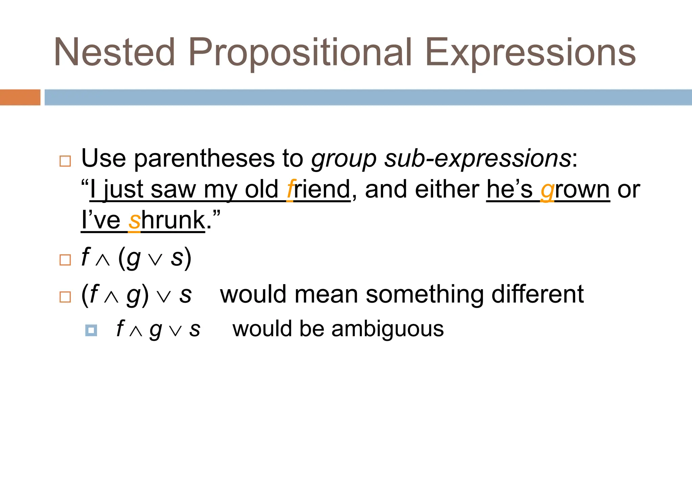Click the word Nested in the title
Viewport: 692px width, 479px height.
point(114,52)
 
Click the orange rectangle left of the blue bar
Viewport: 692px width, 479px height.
point(20,97)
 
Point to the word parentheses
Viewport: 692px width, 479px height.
point(205,159)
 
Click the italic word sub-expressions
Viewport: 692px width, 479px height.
point(477,159)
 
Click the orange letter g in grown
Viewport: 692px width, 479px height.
point(547,191)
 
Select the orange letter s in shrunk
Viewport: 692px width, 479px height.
point(134,221)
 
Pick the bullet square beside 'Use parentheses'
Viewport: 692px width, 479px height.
point(65,161)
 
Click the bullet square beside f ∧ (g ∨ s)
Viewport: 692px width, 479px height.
point(65,260)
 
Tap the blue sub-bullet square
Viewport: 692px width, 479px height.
point(91,330)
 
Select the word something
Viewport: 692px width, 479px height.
point(425,295)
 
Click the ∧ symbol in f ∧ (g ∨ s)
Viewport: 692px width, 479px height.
point(103,260)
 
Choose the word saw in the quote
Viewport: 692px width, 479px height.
point(173,190)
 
